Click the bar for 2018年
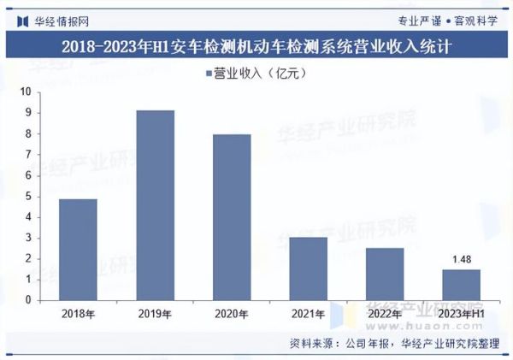[x=78, y=249]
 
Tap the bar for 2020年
[x=232, y=217]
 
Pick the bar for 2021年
[x=308, y=269]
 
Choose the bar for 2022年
[x=385, y=274]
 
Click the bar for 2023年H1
[x=461, y=285]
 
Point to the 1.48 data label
[x=461, y=259]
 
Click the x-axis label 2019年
[x=155, y=315]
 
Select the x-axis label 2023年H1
[x=461, y=315]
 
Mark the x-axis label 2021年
[x=308, y=315]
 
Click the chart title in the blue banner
[x=256, y=44]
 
